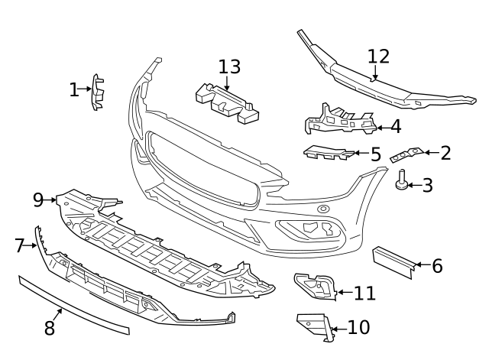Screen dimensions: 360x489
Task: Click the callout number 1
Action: point(73,90)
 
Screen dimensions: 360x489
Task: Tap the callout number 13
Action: point(229,66)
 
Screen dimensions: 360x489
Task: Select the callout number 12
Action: point(378,56)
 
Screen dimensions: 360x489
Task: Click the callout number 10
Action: point(358,328)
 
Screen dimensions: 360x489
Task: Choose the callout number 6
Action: point(437,266)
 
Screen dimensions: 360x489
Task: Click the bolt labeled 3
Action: point(401,180)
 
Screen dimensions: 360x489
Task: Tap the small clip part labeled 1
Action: point(98,92)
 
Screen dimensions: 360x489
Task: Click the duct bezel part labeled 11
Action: point(315,286)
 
